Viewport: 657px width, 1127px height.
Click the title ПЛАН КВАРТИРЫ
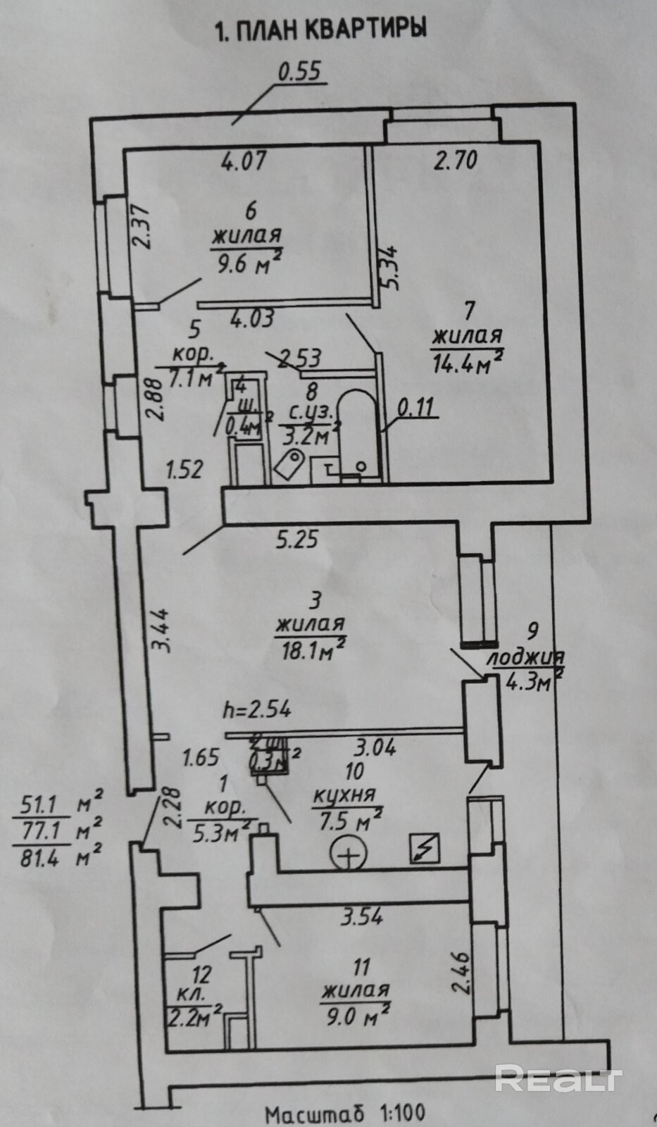point(322,30)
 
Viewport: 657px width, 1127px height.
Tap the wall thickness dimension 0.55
point(300,72)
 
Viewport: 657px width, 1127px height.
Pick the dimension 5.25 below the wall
point(296,540)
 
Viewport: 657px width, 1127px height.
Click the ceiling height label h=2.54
point(256,709)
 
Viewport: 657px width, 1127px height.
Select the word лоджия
point(525,657)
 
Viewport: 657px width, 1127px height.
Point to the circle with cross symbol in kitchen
point(349,855)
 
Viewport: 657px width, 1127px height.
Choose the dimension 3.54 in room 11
point(362,916)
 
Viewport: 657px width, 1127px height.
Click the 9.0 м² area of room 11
point(356,1016)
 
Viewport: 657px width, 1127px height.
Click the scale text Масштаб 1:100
point(344,1114)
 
